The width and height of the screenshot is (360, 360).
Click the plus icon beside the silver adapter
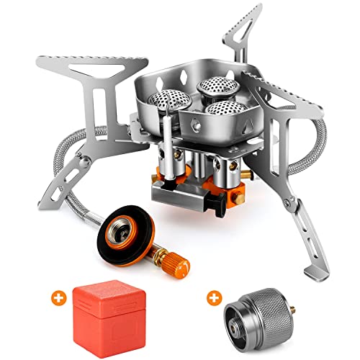point(214,296)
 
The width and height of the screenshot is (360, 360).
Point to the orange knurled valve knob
point(163,254)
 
